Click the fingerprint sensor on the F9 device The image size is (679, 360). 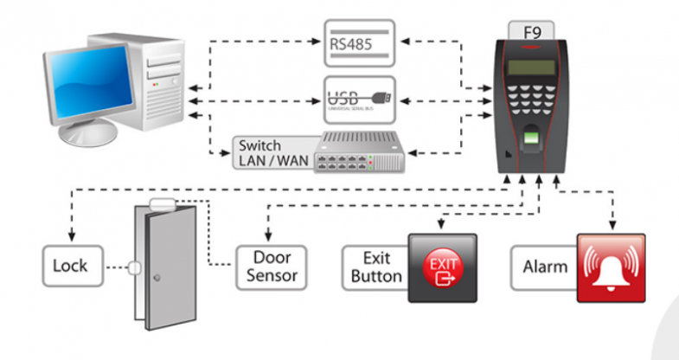tap(531, 140)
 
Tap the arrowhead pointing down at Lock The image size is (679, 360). tap(71, 236)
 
